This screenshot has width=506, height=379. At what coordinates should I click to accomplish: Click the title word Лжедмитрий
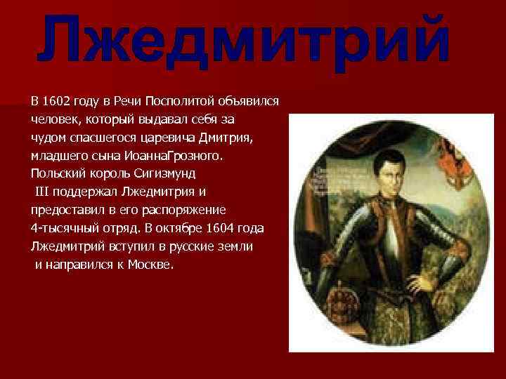pyautogui.click(x=243, y=43)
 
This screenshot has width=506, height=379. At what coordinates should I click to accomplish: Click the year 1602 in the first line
pyautogui.click(x=56, y=100)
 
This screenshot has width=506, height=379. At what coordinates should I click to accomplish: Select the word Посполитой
pyautogui.click(x=169, y=100)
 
